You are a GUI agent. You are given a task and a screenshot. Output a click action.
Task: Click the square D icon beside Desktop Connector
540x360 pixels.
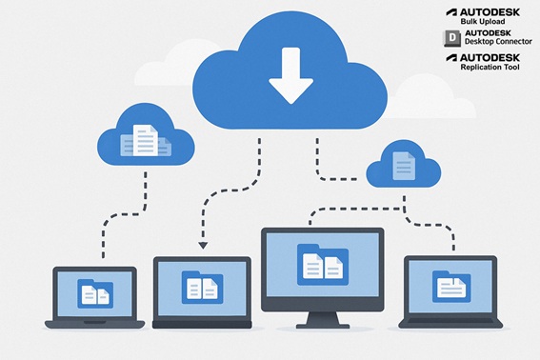point(450,37)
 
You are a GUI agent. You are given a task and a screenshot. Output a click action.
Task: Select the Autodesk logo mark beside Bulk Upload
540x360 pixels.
point(450,12)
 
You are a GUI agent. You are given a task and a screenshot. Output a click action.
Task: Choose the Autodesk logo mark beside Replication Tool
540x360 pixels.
point(450,59)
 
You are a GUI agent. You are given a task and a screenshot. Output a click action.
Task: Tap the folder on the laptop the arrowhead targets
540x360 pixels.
point(202,283)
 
